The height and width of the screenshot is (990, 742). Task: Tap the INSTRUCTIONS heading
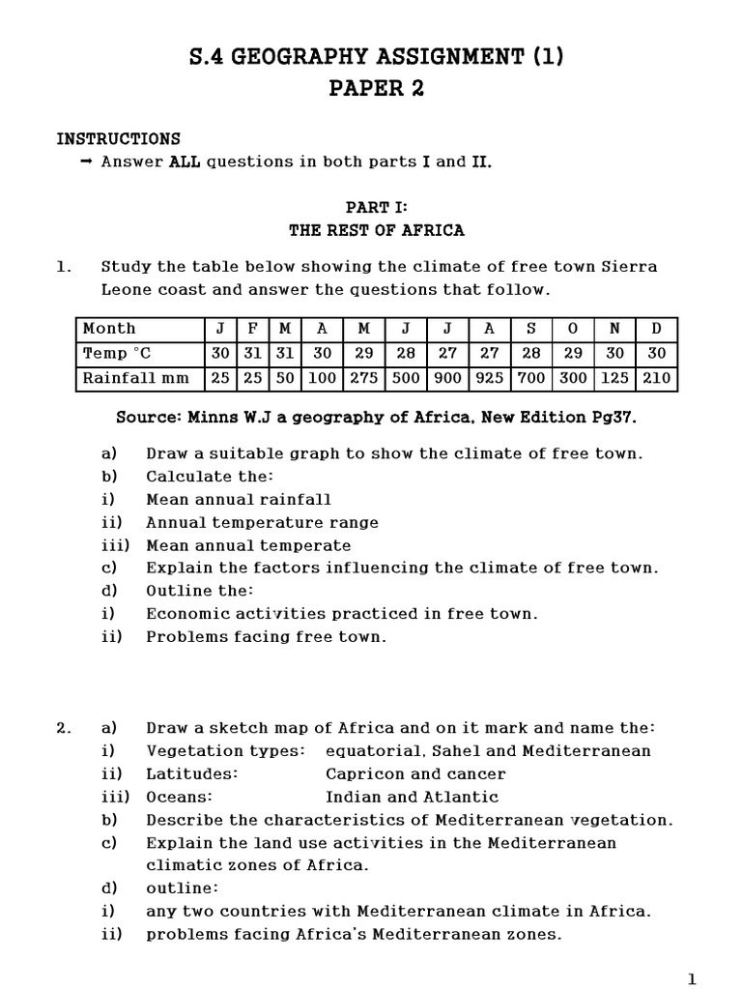point(118,139)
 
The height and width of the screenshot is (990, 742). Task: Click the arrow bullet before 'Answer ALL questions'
point(86,162)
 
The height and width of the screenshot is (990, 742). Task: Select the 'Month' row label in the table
point(109,329)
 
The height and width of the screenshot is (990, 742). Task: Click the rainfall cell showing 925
point(490,378)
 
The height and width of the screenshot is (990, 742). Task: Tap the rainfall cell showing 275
point(364,378)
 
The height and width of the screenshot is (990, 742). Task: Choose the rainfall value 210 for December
point(656,378)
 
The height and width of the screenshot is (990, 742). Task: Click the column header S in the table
point(531,329)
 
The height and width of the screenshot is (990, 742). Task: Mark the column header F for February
point(251,329)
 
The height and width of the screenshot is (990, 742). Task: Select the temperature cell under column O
point(573,354)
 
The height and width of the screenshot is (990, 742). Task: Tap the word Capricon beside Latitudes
point(359,774)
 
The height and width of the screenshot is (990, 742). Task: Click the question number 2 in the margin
point(63,728)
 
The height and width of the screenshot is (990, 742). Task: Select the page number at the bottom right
point(691,979)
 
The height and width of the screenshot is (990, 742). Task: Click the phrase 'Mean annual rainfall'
point(238,500)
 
